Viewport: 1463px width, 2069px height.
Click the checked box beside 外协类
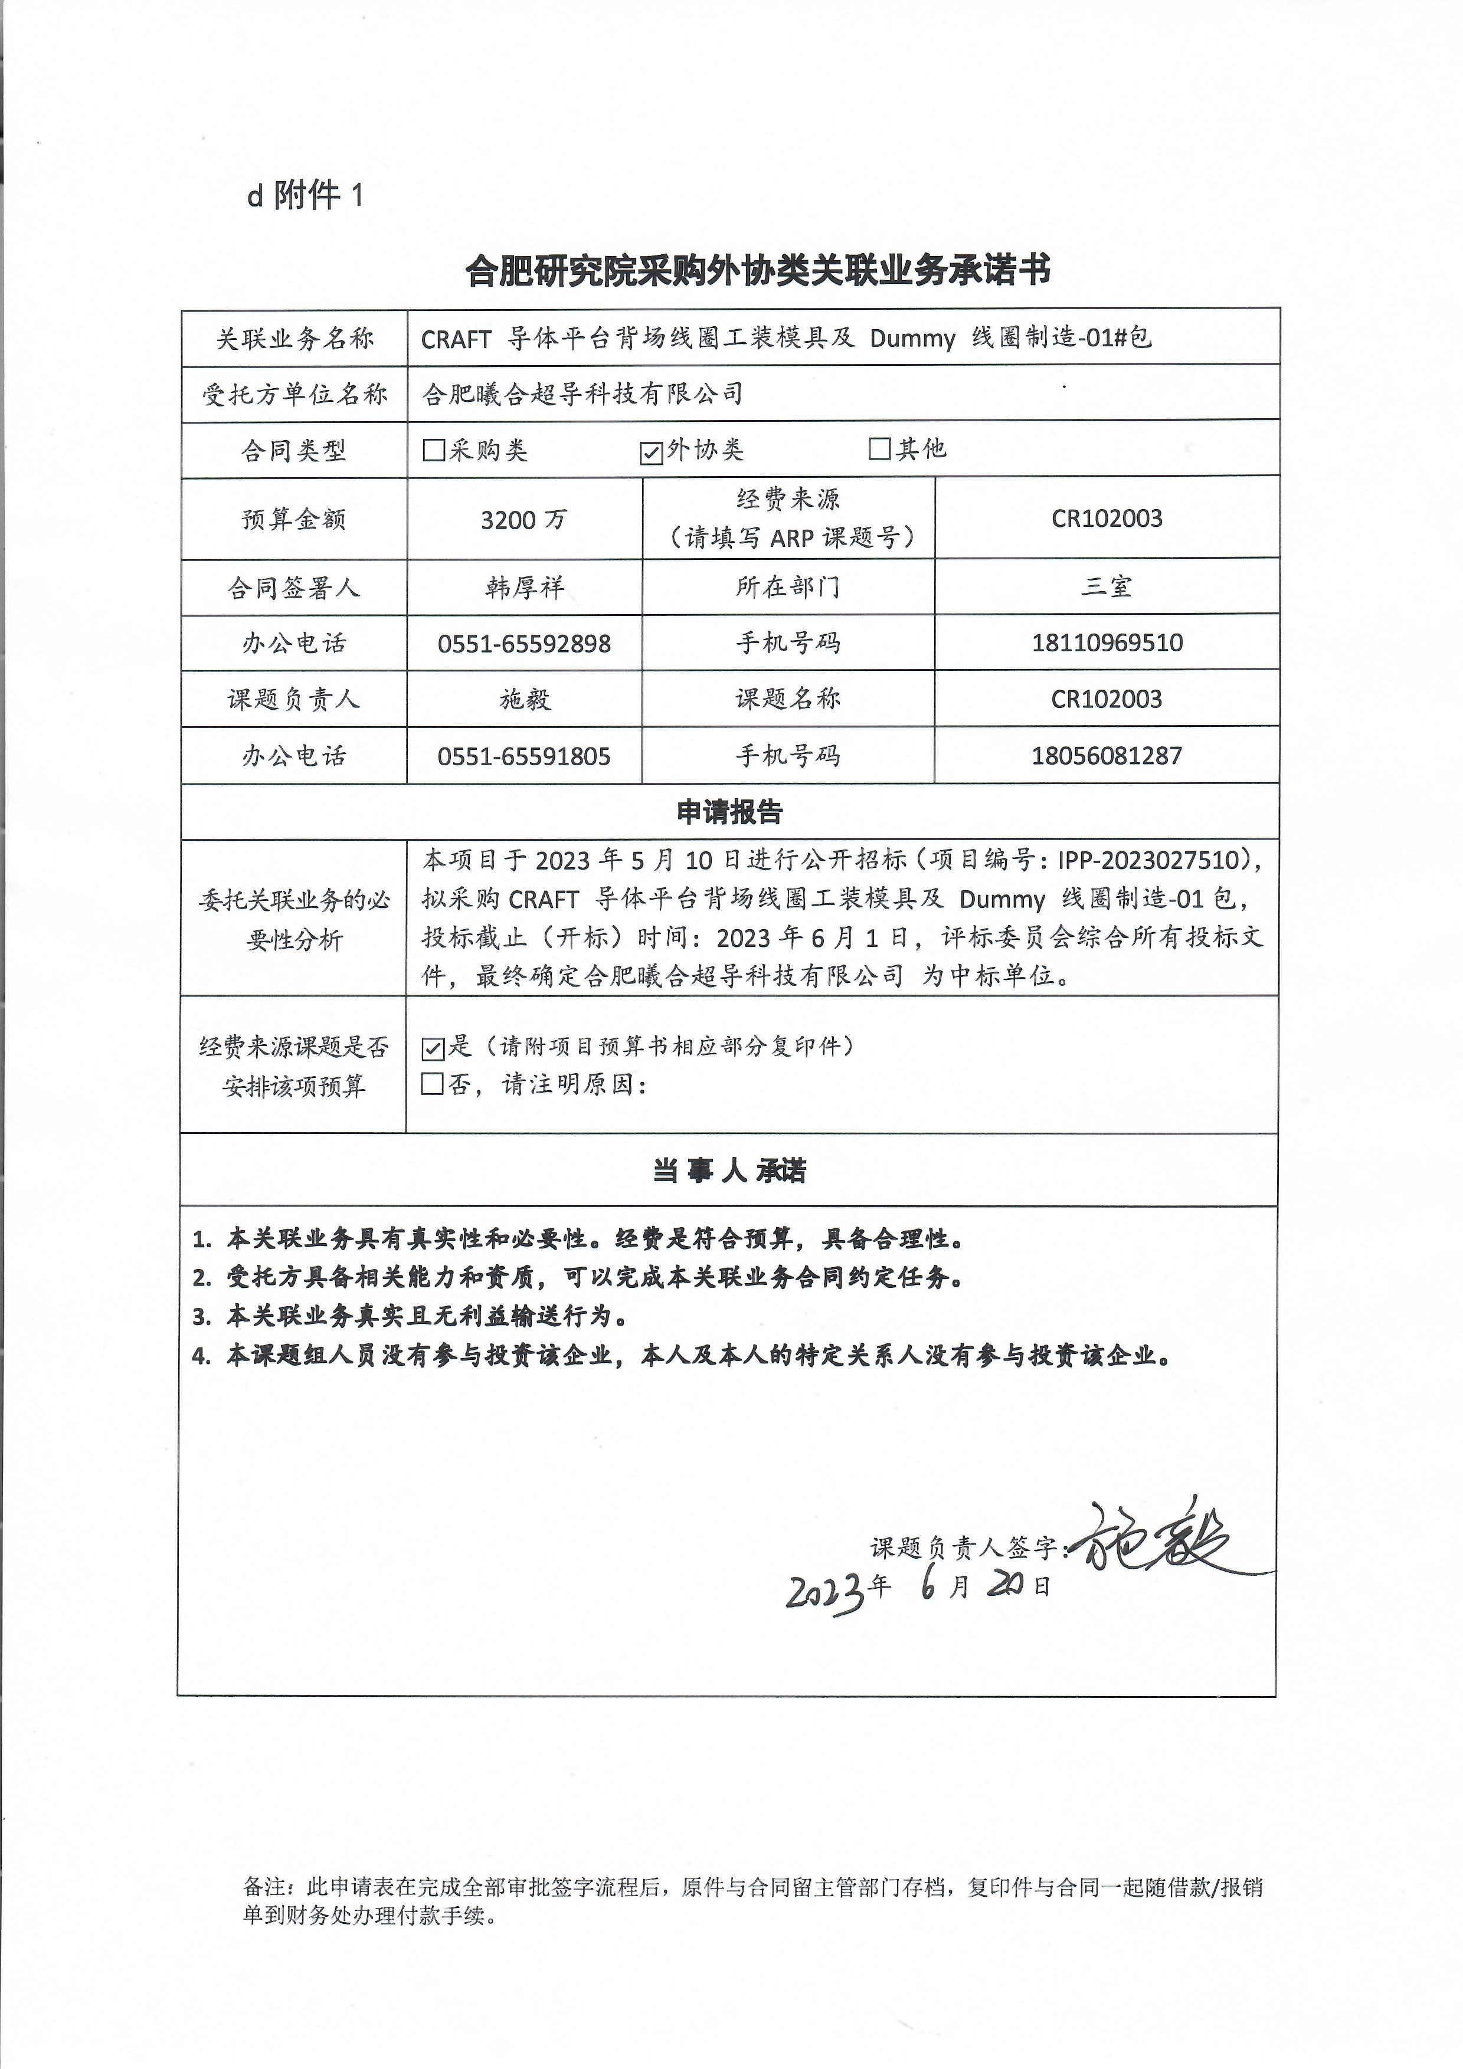651,451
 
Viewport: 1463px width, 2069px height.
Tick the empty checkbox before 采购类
434,450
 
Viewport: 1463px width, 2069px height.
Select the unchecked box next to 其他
879,448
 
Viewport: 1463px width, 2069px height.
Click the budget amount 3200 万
523,520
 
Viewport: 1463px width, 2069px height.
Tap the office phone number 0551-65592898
523,644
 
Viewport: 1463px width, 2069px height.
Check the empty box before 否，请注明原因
433,1084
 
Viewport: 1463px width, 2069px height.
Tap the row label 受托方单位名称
294,394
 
